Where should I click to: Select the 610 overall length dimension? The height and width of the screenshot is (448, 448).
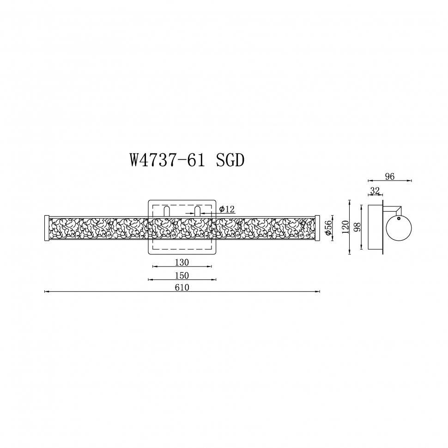pos(182,287)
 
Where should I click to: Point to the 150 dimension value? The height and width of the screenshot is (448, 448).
pos(182,275)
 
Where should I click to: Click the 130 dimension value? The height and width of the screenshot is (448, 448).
pos(182,262)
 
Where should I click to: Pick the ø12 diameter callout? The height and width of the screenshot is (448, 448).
pos(227,210)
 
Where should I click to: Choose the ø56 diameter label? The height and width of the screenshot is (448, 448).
pos(328,229)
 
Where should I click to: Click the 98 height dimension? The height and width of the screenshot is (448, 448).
pos(357,227)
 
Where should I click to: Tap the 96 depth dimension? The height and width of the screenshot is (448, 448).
pos(389,176)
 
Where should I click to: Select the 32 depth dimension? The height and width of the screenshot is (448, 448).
pos(375,190)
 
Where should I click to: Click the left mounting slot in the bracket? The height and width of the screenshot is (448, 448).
pos(166,211)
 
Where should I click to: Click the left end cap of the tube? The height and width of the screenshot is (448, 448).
pos(46,228)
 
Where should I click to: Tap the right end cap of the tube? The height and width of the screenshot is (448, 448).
pos(317,228)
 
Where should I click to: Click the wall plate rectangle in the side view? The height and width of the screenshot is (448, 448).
pos(375,227)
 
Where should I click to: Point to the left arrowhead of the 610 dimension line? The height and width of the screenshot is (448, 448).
pos(46,291)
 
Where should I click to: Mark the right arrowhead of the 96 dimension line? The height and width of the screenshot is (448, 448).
pos(410,181)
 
